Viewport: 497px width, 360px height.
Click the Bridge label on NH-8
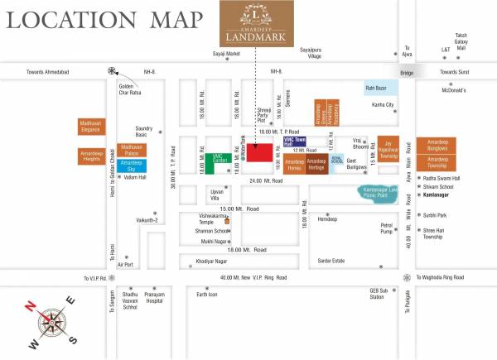pyautogui.click(x=406, y=73)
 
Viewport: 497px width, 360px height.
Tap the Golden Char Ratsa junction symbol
pyautogui.click(x=112, y=70)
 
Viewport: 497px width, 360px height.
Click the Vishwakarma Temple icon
pyautogui.click(x=226, y=214)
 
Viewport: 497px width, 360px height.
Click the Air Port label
pyautogui.click(x=125, y=264)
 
